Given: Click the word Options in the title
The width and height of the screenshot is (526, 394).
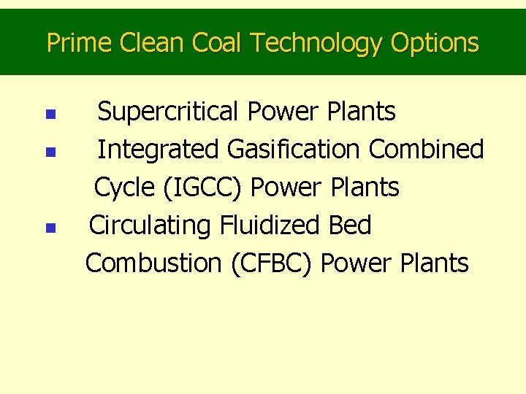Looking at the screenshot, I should [x=435, y=44].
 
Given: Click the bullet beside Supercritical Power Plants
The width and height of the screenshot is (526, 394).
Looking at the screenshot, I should [x=49, y=115].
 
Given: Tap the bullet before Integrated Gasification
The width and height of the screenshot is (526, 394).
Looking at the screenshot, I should [x=49, y=152].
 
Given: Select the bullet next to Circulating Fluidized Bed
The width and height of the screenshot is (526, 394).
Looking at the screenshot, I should [x=49, y=228].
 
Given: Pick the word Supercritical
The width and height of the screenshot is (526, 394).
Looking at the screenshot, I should [x=169, y=112].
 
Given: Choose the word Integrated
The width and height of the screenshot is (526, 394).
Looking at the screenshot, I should [x=159, y=150].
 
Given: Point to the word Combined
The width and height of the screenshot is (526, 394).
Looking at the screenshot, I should [x=426, y=150].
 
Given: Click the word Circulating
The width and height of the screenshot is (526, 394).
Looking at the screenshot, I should [x=150, y=226].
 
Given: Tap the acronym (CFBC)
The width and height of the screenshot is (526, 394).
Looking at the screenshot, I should [x=272, y=263].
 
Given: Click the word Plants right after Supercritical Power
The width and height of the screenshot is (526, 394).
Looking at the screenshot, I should [x=361, y=112].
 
